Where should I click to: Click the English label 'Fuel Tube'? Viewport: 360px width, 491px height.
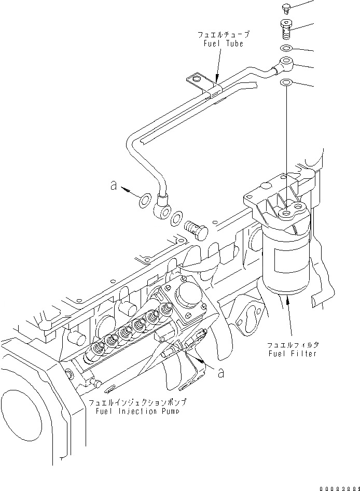tap(224, 44)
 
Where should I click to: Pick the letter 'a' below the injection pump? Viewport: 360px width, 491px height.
tap(221, 372)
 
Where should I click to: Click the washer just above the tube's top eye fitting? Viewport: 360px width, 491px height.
tap(286, 49)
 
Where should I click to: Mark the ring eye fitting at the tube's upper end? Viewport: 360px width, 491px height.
tap(285, 65)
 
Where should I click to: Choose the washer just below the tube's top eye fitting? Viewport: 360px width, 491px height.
tap(286, 82)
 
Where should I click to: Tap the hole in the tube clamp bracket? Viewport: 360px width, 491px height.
tap(195, 79)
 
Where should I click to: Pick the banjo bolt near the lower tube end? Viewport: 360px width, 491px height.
tap(195, 229)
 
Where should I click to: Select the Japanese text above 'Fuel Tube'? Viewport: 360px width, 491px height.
tap(224, 35)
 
